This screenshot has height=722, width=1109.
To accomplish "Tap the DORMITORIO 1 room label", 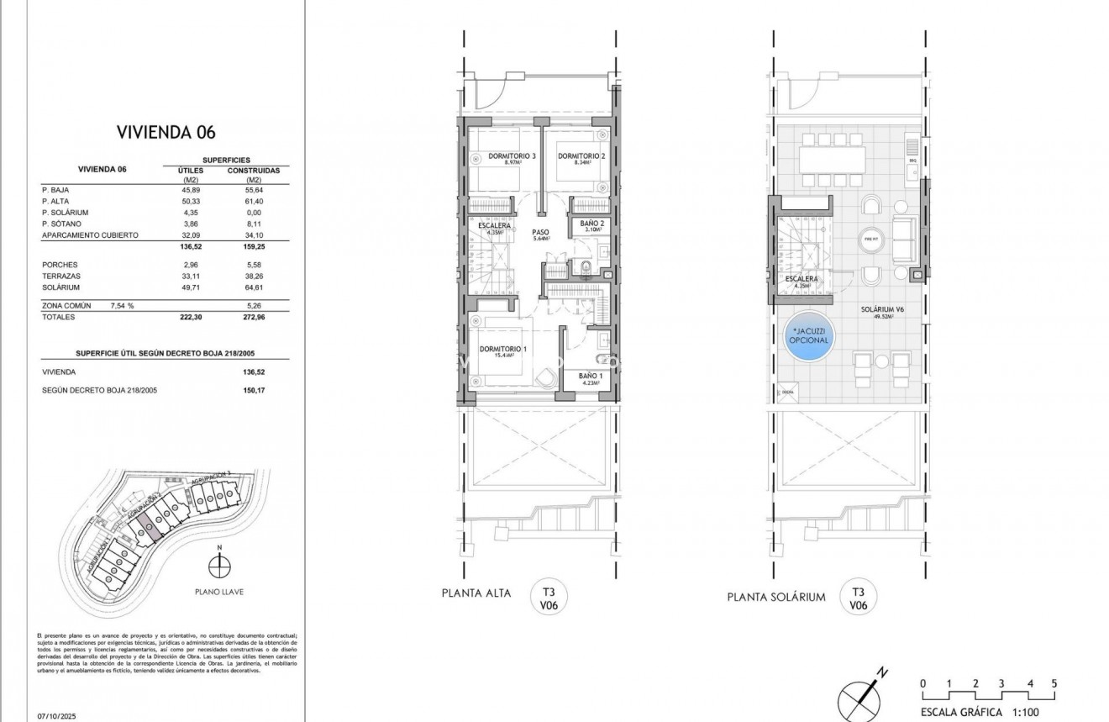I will click(503, 349).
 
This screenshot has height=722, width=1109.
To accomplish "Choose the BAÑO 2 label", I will click(591, 224).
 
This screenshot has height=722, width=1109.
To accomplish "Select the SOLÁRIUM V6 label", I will click(881, 310).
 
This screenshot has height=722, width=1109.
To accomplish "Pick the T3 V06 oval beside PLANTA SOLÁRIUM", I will click(858, 598).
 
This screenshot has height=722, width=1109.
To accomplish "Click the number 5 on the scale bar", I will click(1054, 683).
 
